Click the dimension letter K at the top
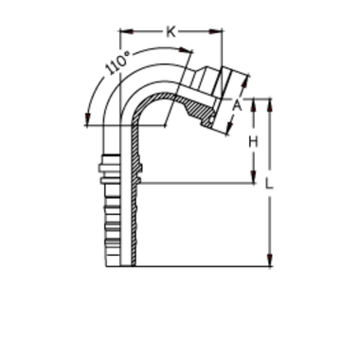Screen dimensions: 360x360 point(167,34)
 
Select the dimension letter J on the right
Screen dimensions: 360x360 point(251,142)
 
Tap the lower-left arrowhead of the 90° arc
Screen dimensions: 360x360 point(88,118)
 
